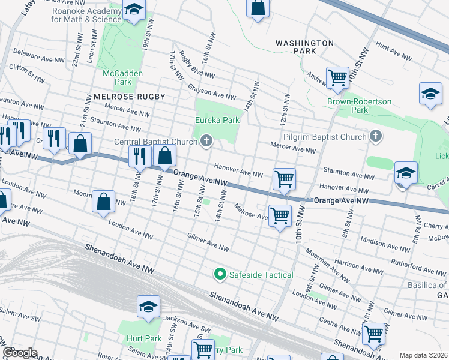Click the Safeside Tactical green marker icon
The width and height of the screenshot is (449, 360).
220,275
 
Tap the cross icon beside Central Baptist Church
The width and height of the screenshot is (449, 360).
207,142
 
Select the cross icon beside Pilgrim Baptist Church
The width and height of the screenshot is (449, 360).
376,137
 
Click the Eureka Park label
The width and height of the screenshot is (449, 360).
217,120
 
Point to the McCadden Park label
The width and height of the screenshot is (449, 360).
117,77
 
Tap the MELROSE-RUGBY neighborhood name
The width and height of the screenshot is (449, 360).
129,97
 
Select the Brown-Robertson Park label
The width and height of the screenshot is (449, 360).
359,106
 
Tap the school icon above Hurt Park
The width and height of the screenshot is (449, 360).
148,307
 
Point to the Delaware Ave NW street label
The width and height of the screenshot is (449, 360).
39,57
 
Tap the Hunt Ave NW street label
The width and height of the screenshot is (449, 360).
393,52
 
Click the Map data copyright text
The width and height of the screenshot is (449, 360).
423,355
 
